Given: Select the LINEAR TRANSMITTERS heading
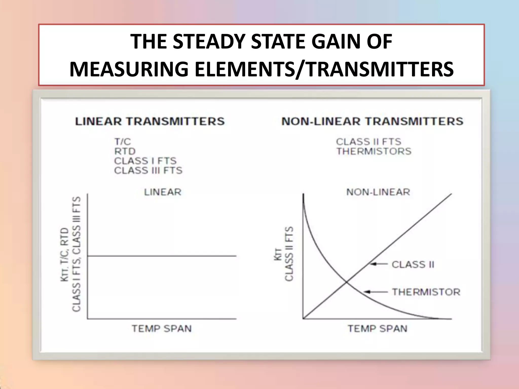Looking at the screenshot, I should [x=150, y=121].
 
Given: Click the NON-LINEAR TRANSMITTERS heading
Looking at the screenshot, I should [x=372, y=121].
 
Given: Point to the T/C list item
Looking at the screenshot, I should [x=122, y=142].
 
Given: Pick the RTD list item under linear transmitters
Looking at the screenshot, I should [x=125, y=151].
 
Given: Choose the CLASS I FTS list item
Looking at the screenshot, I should [x=145, y=161].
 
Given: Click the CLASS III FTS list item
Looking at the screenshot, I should [x=148, y=170].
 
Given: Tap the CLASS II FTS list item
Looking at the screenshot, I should [x=368, y=142].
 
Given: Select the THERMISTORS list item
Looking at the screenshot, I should [x=374, y=151].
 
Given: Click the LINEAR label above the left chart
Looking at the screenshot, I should [x=163, y=192].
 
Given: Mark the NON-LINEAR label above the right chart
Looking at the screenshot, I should [x=378, y=192].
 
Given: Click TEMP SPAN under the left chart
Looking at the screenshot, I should [x=162, y=328].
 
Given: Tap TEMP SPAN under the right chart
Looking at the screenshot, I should [x=377, y=328].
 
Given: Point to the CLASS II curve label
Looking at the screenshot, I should [x=413, y=264].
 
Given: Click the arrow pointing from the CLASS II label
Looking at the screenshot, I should [x=379, y=264].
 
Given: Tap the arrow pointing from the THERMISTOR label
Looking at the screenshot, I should [x=376, y=292].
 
